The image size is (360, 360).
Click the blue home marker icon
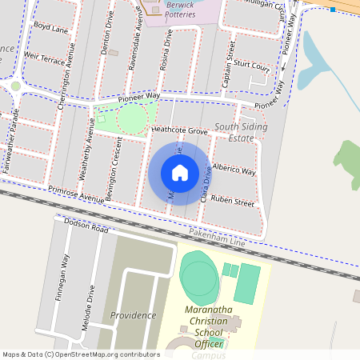tap(180, 173)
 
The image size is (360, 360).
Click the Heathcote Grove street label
tap(179, 130)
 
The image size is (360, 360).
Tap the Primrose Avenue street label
tap(76, 193)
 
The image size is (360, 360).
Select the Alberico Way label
tap(234, 170)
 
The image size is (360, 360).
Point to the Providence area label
tap(133, 315)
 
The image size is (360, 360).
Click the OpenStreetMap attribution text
tap(81, 354)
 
